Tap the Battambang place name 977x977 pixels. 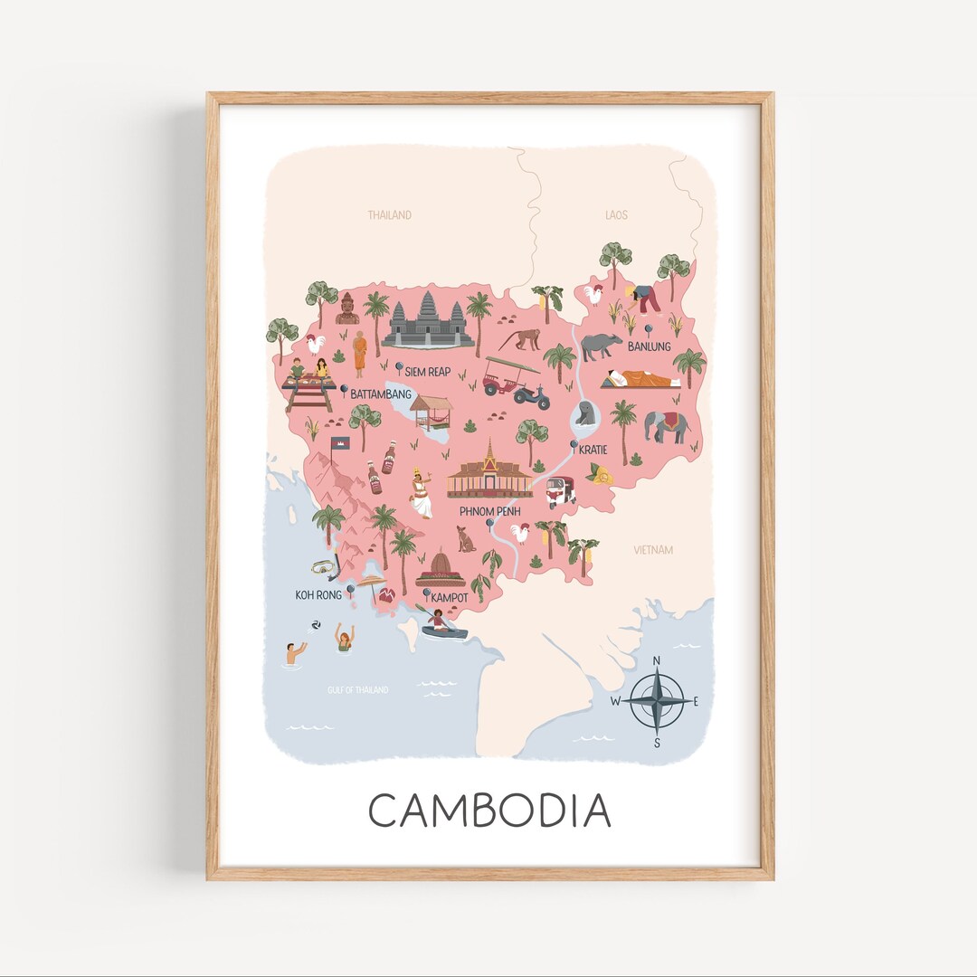tap(380, 394)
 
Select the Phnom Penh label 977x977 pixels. tap(488, 511)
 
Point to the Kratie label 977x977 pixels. tap(593, 449)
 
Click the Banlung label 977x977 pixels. tap(649, 346)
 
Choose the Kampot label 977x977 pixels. tap(449, 598)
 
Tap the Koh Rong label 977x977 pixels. tap(318, 594)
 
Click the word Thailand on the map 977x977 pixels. tap(389, 215)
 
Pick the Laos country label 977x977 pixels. tap(616, 215)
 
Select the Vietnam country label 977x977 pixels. tap(653, 550)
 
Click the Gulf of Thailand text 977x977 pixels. tap(357, 690)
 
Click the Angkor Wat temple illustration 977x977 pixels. tap(428, 321)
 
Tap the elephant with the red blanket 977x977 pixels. tap(667, 425)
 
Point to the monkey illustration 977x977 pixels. tap(520, 339)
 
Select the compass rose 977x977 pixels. tap(658, 702)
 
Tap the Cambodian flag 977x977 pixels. tap(340, 443)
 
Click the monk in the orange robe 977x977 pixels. tap(360, 353)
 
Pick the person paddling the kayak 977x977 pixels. tap(441, 622)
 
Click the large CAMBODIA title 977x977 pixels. tap(489, 810)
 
